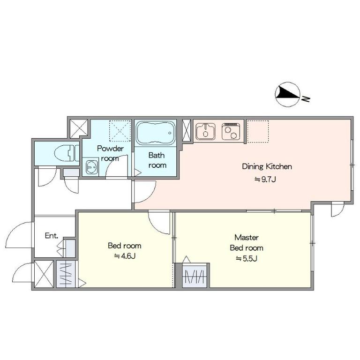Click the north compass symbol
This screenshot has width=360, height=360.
[x=288, y=94]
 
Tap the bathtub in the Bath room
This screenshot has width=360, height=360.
[x=156, y=133]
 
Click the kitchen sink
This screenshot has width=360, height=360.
[x=206, y=131]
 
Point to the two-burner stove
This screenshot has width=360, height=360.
[x=231, y=131]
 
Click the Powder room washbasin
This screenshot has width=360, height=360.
[x=91, y=167]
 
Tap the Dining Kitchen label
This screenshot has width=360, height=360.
[x=267, y=166]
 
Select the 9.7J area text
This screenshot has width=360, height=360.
[x=265, y=179]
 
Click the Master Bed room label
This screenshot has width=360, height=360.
[x=247, y=242]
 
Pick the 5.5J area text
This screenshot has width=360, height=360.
[x=247, y=259]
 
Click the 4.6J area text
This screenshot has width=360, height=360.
[x=125, y=256]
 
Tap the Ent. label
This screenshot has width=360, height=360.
[x=52, y=236]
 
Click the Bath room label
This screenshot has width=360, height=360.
[x=157, y=160]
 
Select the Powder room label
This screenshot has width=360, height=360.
[x=110, y=153]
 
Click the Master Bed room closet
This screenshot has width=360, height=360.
[x=195, y=275]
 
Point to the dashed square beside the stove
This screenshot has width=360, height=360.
[x=258, y=131]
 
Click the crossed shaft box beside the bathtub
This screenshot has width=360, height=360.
[x=187, y=130]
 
